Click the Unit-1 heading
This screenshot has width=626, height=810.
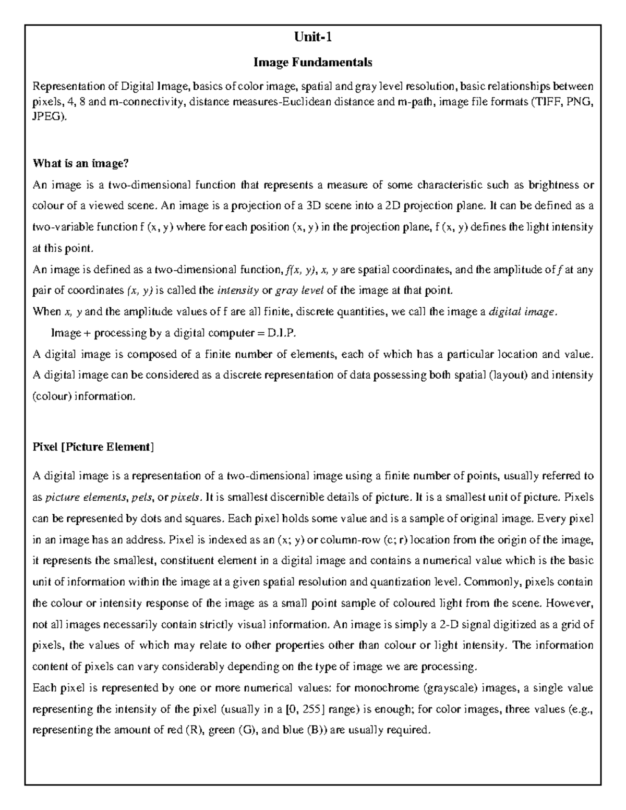tap(312, 38)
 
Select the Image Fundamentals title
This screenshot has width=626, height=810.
tap(312, 63)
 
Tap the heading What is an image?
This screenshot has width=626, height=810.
tap(80, 163)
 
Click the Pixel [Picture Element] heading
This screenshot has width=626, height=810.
tap(93, 446)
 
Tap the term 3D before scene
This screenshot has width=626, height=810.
tap(314, 205)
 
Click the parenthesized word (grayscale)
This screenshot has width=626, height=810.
tap(452, 688)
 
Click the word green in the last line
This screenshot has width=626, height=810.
tap(221, 730)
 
